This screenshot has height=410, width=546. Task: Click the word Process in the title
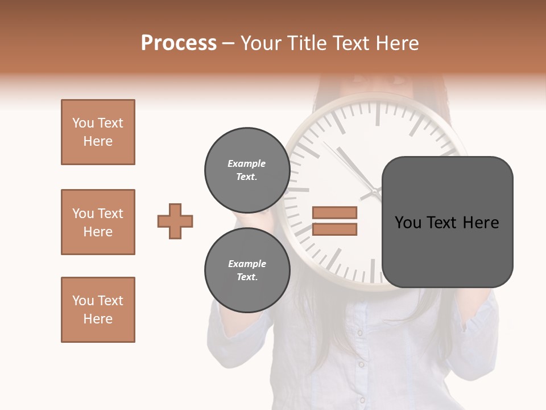tap(179, 43)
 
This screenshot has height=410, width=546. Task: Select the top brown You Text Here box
tap(98, 132)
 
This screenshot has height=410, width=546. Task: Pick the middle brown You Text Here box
tap(98, 222)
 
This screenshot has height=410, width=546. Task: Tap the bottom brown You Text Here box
tap(98, 310)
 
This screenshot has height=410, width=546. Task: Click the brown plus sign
tap(175, 221)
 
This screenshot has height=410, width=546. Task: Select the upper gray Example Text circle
tap(247, 170)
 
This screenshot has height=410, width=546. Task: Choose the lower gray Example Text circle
tap(247, 270)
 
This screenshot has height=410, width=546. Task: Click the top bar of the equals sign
tap(334, 213)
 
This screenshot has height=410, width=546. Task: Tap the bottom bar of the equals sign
tap(334, 229)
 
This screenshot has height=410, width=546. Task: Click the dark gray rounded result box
tap(447, 251)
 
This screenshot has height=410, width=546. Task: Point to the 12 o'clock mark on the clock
tap(377, 114)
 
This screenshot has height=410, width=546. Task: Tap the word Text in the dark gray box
tap(442, 223)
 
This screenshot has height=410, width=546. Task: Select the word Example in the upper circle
tap(247, 163)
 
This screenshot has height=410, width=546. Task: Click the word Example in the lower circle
tap(247, 264)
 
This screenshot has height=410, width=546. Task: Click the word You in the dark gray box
tap(408, 223)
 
